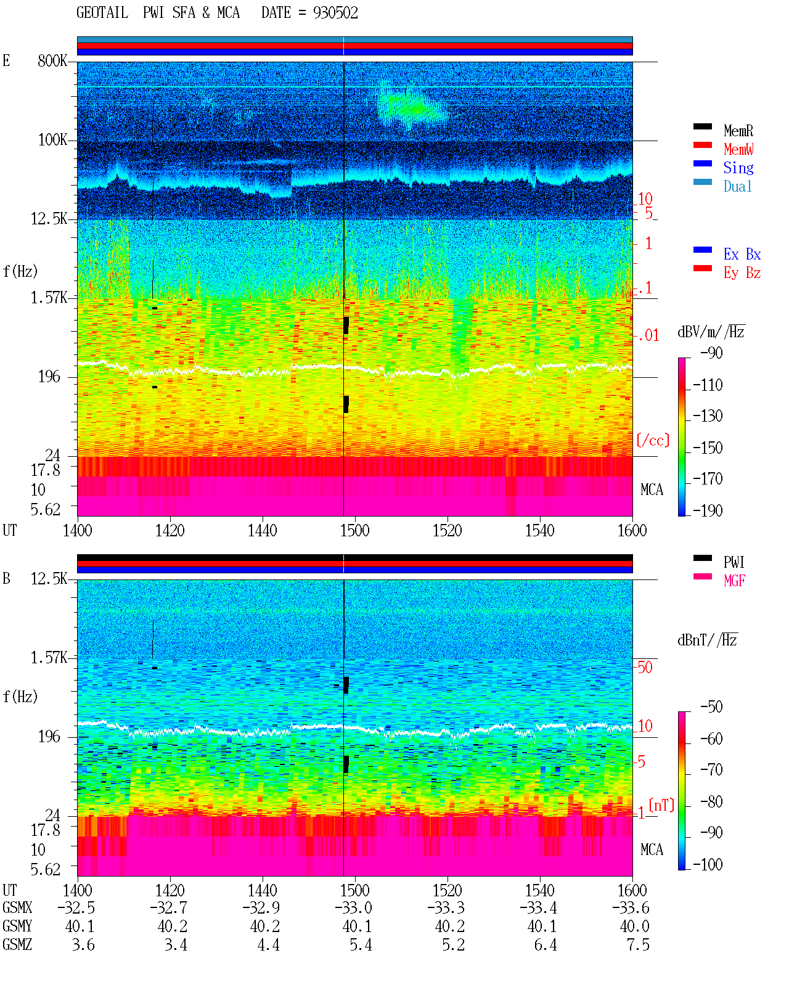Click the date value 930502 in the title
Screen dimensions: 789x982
click(335, 13)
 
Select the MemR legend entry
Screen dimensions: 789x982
click(738, 131)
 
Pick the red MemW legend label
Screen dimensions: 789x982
click(738, 149)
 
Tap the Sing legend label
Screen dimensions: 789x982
click(738, 168)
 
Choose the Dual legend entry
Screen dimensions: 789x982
click(737, 186)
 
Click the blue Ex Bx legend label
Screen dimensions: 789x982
click(742, 254)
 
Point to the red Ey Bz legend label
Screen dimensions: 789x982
click(742, 273)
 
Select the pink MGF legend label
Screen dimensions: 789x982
click(734, 581)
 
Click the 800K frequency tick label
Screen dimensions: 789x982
click(52, 60)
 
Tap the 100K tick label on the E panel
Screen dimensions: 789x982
click(52, 140)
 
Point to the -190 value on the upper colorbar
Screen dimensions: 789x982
click(708, 510)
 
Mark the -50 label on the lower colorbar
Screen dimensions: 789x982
click(711, 707)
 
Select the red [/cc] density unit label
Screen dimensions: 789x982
click(653, 440)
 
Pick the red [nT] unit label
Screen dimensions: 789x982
click(661, 805)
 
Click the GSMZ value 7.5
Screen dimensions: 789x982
click(638, 944)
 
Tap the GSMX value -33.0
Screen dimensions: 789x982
click(353, 907)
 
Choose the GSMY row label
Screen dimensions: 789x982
click(17, 926)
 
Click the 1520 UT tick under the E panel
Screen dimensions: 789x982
click(448, 530)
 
